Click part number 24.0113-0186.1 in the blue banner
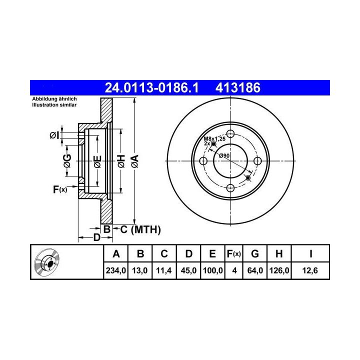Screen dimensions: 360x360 [x=151, y=87]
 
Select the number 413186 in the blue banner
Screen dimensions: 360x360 [x=238, y=87]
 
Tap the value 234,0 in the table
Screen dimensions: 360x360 [x=115, y=270]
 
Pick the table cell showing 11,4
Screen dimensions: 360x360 [x=164, y=270]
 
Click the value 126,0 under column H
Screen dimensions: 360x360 [x=279, y=270]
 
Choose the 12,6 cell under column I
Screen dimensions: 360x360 [x=310, y=270]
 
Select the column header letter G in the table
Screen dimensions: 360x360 [x=255, y=254]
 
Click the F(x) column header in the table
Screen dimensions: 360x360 [x=233, y=254]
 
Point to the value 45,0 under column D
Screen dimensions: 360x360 [x=188, y=270]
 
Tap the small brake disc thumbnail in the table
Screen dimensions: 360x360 [x=46, y=262]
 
